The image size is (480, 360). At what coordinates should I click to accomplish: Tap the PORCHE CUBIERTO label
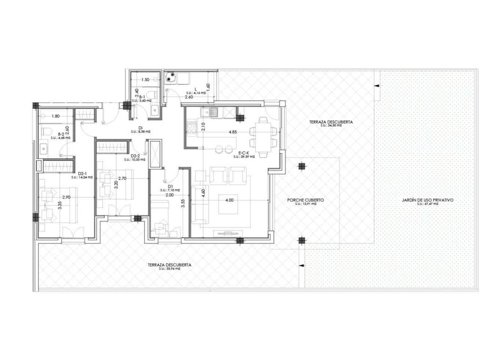tap(305, 200)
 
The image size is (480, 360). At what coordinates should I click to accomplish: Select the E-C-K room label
tap(244, 153)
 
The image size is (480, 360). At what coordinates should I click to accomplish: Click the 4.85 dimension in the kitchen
tap(232, 132)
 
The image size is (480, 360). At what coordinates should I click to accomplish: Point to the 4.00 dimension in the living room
tap(229, 200)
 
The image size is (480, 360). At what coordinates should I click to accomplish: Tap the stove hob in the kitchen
tap(191, 127)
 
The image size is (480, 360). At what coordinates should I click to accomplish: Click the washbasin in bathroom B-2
tap(45, 148)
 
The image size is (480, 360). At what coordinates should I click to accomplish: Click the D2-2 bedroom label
tap(135, 156)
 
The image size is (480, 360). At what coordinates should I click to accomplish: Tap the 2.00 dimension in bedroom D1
tap(169, 195)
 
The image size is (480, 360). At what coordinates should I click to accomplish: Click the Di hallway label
tap(141, 127)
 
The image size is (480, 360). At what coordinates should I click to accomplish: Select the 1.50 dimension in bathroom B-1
tap(145, 79)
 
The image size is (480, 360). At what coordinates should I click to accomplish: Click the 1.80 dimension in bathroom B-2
tap(55, 116)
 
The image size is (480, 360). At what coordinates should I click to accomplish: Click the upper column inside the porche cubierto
tap(301, 166)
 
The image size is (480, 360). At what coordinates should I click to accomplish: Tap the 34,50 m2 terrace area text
tap(331, 126)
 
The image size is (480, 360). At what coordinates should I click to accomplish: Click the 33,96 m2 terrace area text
tap(169, 268)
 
